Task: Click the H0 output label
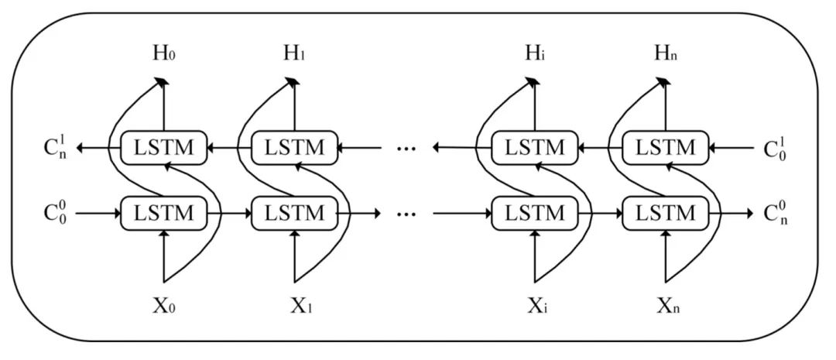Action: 165,53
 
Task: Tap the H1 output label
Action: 296,53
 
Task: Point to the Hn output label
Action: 666,53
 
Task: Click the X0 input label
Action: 165,304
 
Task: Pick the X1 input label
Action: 296,304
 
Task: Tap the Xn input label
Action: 666,304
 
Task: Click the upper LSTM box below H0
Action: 164,147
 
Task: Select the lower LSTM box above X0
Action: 164,213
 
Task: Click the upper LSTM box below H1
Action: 295,147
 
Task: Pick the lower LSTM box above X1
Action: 295,213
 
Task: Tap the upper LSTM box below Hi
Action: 535,147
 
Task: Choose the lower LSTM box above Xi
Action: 535,213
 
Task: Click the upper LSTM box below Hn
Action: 666,147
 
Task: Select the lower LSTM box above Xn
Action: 666,213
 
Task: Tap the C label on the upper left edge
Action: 57,146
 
